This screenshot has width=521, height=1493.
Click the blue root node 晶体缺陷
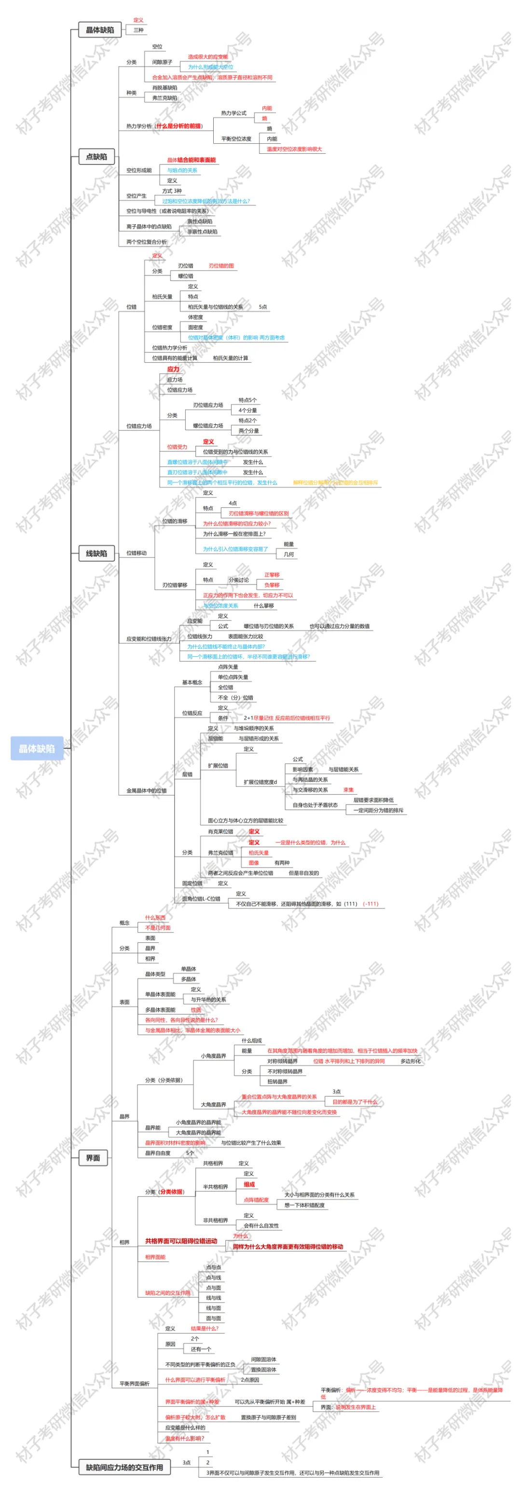pos(37,748)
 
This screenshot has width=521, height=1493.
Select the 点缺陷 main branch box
pos(96,157)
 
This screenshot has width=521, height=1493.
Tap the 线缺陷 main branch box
pos(96,553)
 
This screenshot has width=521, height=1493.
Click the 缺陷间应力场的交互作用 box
pos(124,1467)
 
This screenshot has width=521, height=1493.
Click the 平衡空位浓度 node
pos(236,139)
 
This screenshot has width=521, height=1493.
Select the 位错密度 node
pos(162,327)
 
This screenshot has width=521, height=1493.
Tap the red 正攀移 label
pos(272,575)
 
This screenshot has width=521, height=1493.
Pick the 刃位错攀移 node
pos(175,585)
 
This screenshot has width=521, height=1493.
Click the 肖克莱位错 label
pos(220,832)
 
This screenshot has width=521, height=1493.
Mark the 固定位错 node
pos(192,883)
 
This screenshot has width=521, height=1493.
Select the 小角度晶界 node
pos(213,1056)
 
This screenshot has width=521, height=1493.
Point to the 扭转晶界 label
pos(277,1082)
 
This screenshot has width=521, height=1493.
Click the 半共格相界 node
pos(215,1186)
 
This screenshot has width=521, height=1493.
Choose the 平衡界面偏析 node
pos(135,1384)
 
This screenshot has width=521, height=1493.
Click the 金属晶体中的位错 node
pos(146,790)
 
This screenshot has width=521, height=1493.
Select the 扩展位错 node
pos(218,766)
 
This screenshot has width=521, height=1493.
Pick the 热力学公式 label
pos(233,113)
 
